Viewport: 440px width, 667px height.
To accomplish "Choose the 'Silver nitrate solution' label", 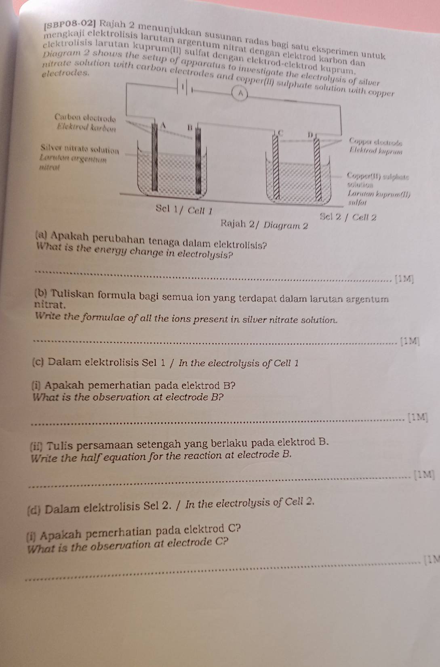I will (x=80, y=149).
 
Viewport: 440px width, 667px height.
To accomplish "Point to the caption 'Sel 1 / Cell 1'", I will (x=184, y=209).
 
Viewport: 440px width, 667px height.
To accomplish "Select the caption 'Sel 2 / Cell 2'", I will (x=348, y=217).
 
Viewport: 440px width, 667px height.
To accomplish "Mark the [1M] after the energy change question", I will (x=404, y=278).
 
